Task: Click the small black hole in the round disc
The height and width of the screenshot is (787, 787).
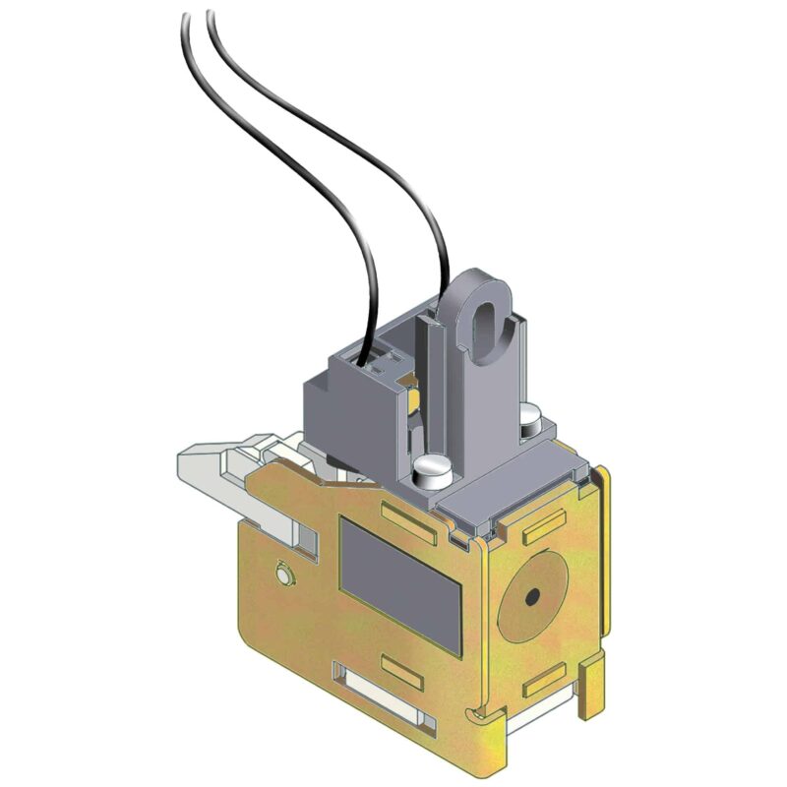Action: coord(530,596)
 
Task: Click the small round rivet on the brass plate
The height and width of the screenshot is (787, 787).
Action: coord(283,573)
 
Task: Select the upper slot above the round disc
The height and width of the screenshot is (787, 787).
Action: coord(544,527)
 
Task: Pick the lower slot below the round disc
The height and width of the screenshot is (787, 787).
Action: coord(544,679)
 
